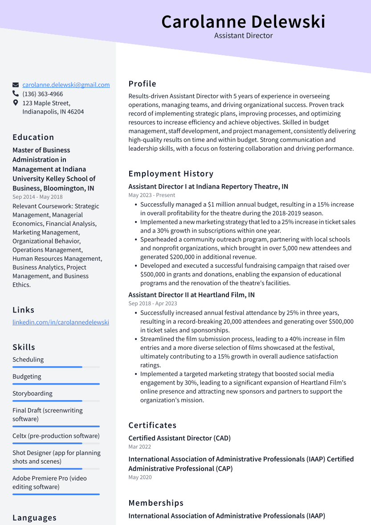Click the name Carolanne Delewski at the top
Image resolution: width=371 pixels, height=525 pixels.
coord(243,21)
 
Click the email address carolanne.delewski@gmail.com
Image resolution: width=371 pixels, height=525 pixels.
coord(66,85)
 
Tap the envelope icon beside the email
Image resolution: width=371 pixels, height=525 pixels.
coord(16,85)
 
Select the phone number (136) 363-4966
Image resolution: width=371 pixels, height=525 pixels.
coord(43,94)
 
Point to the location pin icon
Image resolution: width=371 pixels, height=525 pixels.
coord(16,103)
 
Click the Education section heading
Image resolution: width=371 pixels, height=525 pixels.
coord(33,137)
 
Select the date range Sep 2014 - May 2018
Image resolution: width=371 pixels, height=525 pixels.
coord(37,197)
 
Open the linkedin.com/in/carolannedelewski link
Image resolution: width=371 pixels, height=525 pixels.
coord(61,322)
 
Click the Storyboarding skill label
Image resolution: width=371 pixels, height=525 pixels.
coord(33,394)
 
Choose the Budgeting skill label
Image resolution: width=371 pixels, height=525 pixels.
coord(27,377)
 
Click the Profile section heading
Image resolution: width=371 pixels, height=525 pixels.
coord(143,84)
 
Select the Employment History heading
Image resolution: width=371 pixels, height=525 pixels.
coord(171,174)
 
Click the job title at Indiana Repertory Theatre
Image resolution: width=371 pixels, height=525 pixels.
coord(208,187)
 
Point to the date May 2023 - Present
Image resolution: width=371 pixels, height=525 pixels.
coord(152,195)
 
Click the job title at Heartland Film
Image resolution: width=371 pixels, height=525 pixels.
coord(192,295)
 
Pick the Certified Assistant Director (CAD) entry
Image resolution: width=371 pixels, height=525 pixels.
coord(179,438)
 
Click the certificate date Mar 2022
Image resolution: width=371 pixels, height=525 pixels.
coord(140,447)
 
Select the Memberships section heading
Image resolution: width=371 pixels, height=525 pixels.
coord(156,503)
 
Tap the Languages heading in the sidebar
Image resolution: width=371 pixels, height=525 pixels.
coord(34,518)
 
